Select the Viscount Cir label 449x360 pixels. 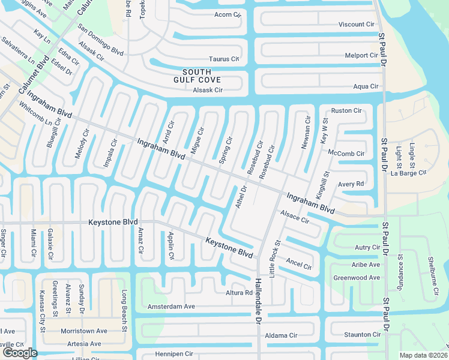pyautogui.click(x=356, y=25)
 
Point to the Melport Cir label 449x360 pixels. pyautogui.click(x=361, y=55)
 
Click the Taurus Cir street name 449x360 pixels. pyautogui.click(x=224, y=59)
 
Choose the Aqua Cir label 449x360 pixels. pyautogui.click(x=366, y=86)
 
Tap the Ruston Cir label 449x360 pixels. pyautogui.click(x=346, y=111)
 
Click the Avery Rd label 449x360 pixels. pyautogui.click(x=351, y=184)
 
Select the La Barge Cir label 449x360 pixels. pyautogui.click(x=408, y=173)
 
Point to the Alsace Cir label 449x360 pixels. pyautogui.click(x=294, y=217)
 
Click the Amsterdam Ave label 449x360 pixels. pyautogui.click(x=171, y=307)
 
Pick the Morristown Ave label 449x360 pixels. pyautogui.click(x=83, y=331)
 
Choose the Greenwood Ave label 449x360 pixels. pyautogui.click(x=357, y=278)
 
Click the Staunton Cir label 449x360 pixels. pyautogui.click(x=362, y=334)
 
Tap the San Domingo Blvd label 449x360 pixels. pyautogui.click(x=100, y=40)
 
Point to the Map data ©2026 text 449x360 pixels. pyautogui.click(x=423, y=355)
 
